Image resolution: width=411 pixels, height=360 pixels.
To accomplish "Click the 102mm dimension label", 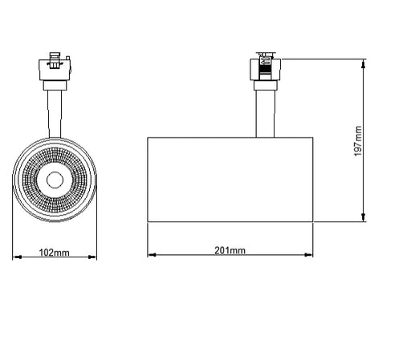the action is pos(55,253).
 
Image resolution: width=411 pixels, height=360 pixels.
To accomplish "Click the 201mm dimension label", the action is pos(230,250).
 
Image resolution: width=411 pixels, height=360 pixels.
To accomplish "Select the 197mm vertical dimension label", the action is pos(358,141).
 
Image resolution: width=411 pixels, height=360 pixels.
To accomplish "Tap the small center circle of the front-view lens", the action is pos(55,180).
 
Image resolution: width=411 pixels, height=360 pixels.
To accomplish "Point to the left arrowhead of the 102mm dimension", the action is pos(17,257).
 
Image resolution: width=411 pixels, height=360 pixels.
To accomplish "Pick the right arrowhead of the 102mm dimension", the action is pos(92,257).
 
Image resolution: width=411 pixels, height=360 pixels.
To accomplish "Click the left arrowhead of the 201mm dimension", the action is pos(152,255).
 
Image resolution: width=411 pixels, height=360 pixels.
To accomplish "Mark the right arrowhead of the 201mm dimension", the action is pos(308,255).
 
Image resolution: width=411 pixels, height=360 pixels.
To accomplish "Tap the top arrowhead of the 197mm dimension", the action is pos(363,64).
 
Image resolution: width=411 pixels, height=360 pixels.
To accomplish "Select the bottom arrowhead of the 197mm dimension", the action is pos(363,217).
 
